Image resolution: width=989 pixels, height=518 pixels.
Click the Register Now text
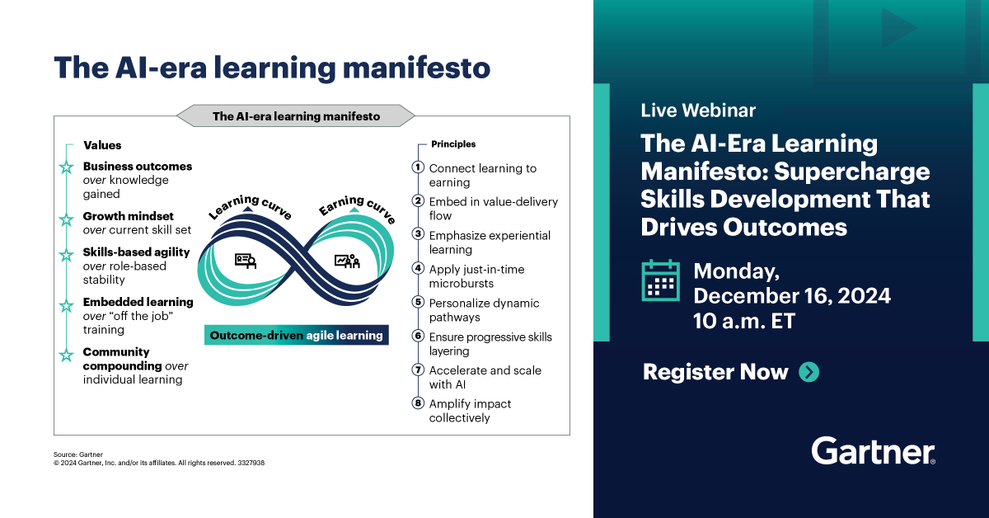pyautogui.click(x=715, y=372)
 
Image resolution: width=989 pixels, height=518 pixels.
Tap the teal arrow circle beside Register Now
pyautogui.click(x=809, y=372)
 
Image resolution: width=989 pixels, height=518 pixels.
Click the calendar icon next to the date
pyautogui.click(x=660, y=280)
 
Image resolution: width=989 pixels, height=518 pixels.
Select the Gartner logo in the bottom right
pyautogui.click(x=873, y=451)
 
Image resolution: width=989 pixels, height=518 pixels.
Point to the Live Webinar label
pyautogui.click(x=698, y=111)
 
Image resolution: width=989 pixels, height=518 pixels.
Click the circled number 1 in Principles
pyautogui.click(x=418, y=167)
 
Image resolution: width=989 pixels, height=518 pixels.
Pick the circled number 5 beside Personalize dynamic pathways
pyautogui.click(x=418, y=303)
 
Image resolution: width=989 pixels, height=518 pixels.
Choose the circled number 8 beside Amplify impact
pyautogui.click(x=418, y=403)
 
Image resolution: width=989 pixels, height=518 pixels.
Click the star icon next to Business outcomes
pyautogui.click(x=66, y=167)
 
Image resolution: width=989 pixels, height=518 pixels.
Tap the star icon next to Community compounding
pyautogui.click(x=66, y=355)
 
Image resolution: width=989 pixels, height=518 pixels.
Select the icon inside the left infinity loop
pyautogui.click(x=246, y=261)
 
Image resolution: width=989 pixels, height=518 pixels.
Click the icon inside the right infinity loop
pyautogui.click(x=347, y=261)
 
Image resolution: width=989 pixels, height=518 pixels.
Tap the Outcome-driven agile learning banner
pyautogui.click(x=296, y=336)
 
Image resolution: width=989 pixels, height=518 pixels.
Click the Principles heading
pyautogui.click(x=453, y=144)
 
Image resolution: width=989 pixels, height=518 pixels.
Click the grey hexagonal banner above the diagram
pyautogui.click(x=296, y=116)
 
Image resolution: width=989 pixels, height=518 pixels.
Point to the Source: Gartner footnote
pyautogui.click(x=72, y=454)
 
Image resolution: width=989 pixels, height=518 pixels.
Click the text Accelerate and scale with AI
pyautogui.click(x=485, y=377)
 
